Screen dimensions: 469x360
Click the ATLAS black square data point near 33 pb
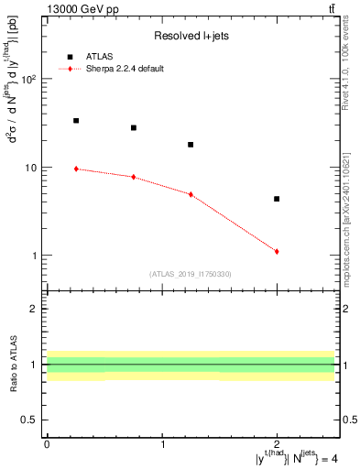(76, 121)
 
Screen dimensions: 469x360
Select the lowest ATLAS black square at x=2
(277, 199)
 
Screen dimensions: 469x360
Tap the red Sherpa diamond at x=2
(277, 251)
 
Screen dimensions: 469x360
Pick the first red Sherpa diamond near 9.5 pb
(76, 169)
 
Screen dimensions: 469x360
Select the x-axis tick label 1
(162, 445)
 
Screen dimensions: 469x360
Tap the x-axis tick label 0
(47, 445)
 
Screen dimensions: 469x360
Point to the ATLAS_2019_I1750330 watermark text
(191, 273)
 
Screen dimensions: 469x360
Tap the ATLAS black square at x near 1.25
(191, 145)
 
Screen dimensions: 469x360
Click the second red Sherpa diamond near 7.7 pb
(134, 177)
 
